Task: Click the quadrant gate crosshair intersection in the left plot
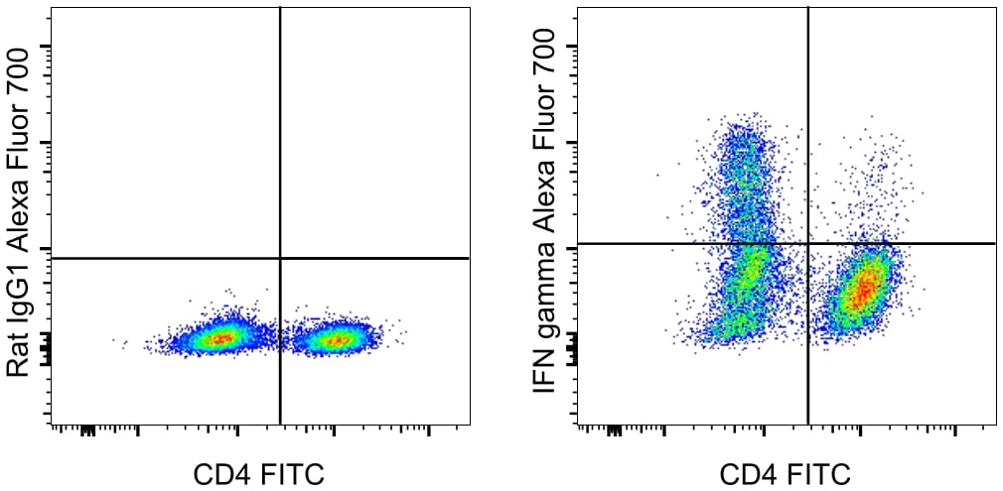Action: (x=281, y=258)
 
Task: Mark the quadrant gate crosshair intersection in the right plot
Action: (x=808, y=243)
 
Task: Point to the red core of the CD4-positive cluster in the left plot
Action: (x=339, y=340)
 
